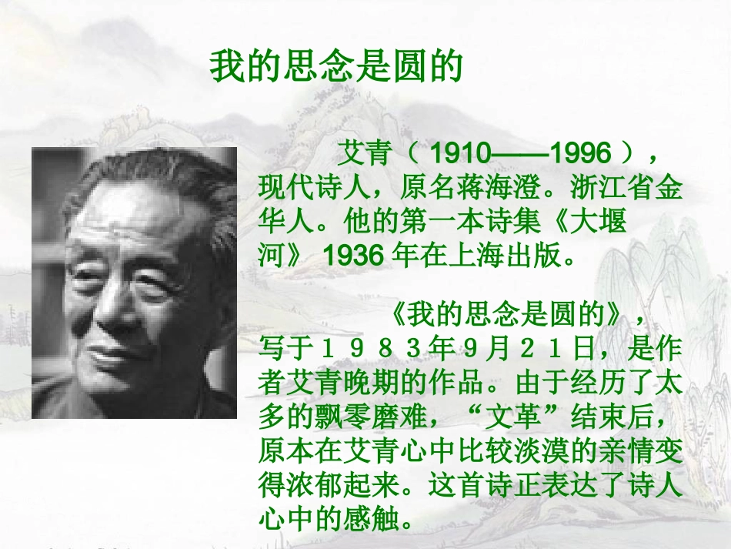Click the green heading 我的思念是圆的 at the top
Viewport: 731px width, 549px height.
point(335,68)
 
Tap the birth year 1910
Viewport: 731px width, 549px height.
point(460,154)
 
